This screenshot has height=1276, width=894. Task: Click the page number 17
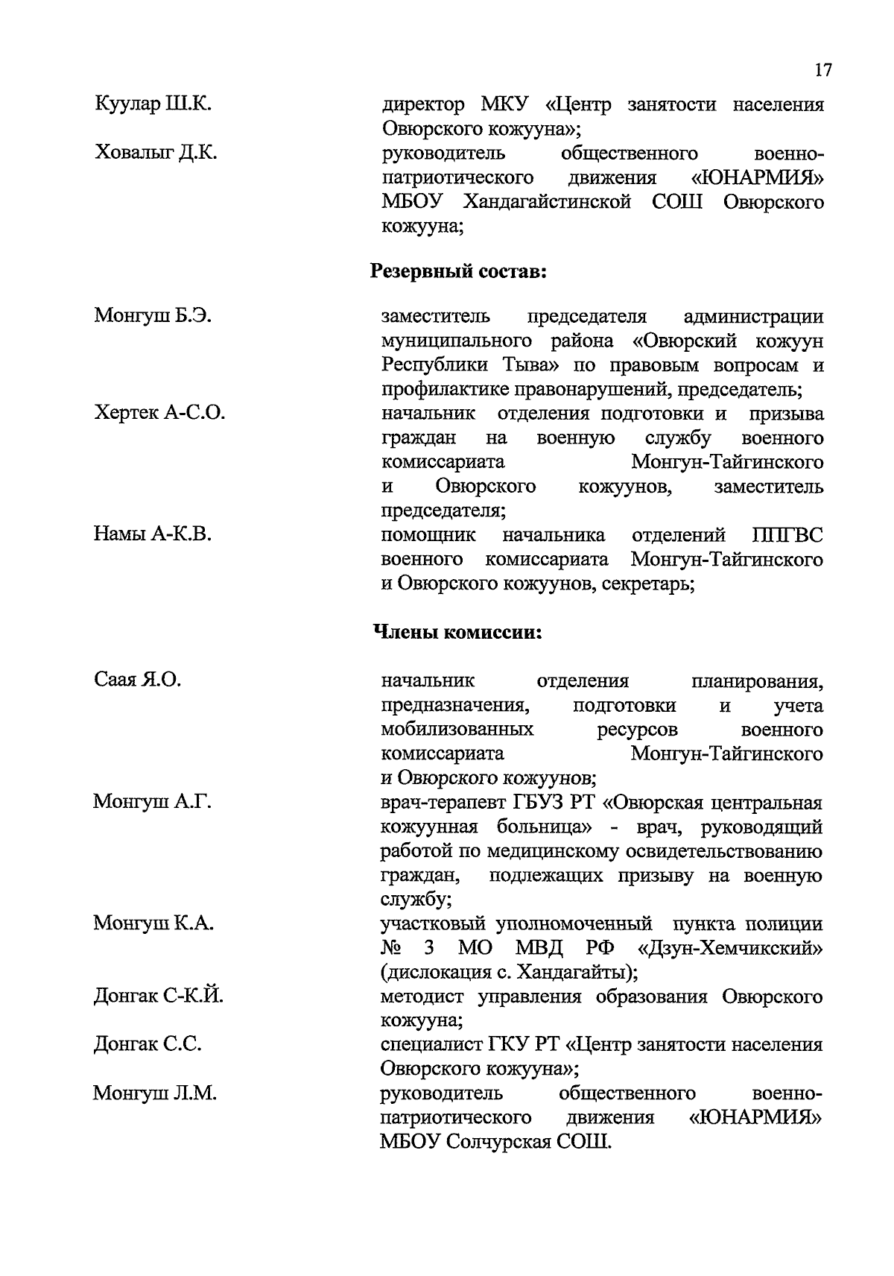[x=822, y=71]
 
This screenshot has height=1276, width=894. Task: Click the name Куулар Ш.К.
[x=153, y=105]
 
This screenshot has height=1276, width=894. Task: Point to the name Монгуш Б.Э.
[x=153, y=316]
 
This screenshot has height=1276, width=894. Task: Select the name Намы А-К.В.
[x=153, y=534]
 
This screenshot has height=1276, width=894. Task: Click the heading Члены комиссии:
[x=457, y=634]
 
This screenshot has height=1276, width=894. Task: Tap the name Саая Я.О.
[x=138, y=680]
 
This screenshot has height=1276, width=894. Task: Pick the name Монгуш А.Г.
[x=153, y=802]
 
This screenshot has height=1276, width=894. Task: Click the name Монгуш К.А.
[x=153, y=923]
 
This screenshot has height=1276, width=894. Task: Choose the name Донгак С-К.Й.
[x=158, y=996]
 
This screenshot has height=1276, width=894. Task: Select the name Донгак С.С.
[x=148, y=1044]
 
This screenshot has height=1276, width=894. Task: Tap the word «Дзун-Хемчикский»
[x=730, y=948]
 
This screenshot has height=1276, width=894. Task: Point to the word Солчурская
[x=498, y=1141]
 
